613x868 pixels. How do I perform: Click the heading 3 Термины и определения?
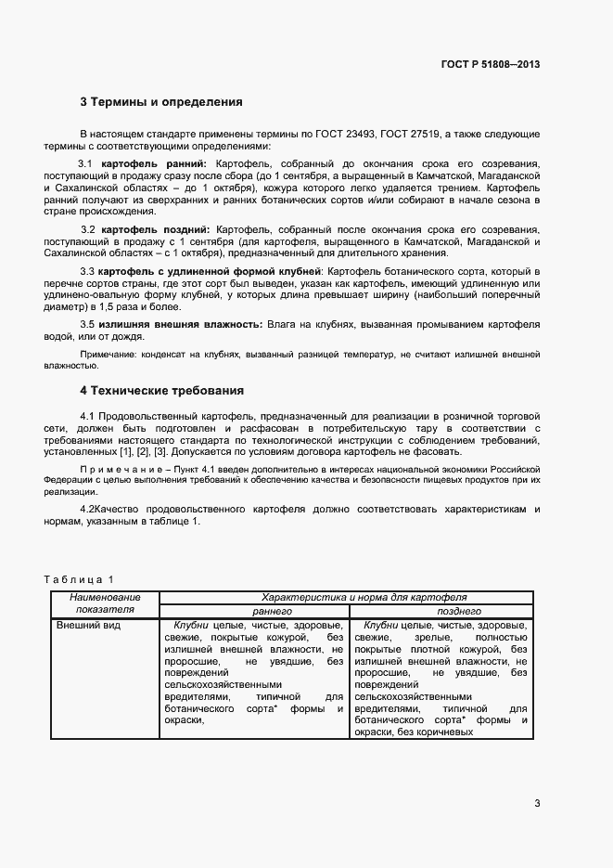tap(161, 102)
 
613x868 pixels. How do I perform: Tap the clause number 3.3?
tap(88, 270)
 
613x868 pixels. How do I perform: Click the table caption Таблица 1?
tap(79, 579)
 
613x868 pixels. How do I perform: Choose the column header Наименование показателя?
tap(105, 603)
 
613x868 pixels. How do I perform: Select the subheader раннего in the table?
tap(273, 611)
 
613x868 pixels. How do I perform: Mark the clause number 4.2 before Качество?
tap(88, 509)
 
